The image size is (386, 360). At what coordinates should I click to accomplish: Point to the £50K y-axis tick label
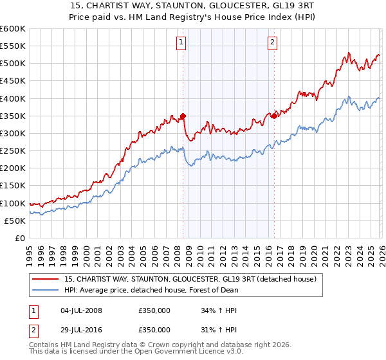14,221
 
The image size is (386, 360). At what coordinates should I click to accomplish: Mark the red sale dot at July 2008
183,116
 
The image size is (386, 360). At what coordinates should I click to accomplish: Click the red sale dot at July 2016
274,116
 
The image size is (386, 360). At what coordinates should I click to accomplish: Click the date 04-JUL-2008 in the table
80,310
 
